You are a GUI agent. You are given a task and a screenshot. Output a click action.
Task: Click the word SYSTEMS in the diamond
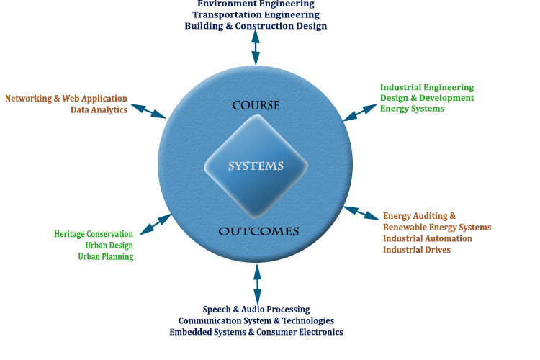point(256,166)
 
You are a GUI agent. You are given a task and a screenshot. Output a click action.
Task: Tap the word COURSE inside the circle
point(256,106)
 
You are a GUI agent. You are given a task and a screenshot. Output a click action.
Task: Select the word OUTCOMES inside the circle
point(258,231)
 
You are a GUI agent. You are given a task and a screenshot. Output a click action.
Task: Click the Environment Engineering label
point(256,4)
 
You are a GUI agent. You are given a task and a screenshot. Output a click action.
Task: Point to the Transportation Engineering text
point(256,14)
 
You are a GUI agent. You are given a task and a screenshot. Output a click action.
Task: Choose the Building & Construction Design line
point(256,26)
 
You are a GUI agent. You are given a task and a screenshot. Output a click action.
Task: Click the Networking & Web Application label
point(66,99)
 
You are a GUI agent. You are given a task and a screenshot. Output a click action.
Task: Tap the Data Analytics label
point(99,110)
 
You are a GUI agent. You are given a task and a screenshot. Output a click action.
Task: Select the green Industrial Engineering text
point(427,88)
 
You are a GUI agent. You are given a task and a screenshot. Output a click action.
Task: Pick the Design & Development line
point(427,98)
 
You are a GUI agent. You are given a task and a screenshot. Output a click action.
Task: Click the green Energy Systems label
point(412,109)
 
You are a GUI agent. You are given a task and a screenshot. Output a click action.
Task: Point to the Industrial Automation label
point(428,238)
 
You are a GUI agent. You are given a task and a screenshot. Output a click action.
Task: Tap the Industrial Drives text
point(417,250)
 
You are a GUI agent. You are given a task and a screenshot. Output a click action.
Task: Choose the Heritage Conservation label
point(94,234)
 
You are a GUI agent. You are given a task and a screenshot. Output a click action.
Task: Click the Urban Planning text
point(105,257)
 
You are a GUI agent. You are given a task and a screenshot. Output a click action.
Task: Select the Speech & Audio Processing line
point(256,310)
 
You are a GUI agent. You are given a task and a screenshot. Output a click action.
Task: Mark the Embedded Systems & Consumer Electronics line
point(256,332)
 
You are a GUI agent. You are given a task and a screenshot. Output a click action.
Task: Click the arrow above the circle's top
point(256,49)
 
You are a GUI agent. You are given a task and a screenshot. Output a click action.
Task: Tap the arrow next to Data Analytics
point(149,111)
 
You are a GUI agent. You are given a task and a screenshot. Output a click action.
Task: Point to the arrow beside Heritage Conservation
point(156,224)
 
